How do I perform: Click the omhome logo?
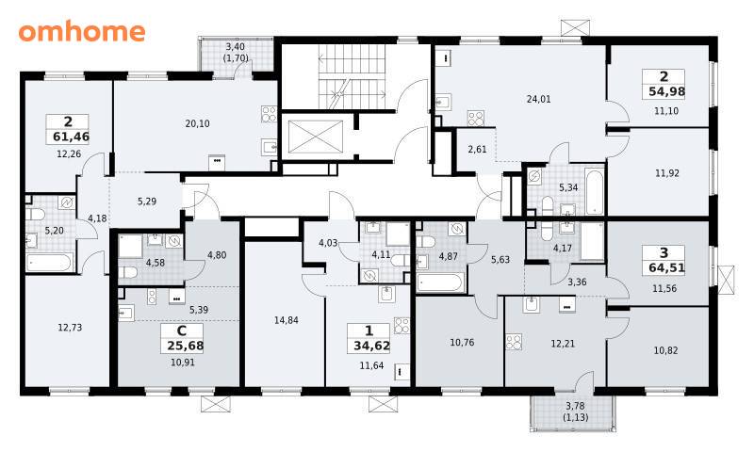point(82,31)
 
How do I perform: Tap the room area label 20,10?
point(197,123)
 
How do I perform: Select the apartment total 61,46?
point(72,137)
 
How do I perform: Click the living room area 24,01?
point(538,100)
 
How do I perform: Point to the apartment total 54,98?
point(666,91)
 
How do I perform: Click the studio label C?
point(182,331)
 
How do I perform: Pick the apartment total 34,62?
point(371,346)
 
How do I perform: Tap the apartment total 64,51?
point(666,267)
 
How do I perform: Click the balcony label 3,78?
point(576,408)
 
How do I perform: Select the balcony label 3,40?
point(235,46)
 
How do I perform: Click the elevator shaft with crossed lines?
point(316,137)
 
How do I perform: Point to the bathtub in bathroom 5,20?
point(49,263)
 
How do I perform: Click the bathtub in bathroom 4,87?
point(440,282)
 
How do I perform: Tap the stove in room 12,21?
point(514,342)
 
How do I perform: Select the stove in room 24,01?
point(476,118)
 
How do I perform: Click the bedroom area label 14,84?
point(287,320)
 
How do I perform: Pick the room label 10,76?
point(462,343)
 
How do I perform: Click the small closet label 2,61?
point(477,150)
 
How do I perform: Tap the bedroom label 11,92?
point(667,173)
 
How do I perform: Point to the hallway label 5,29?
point(147,202)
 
